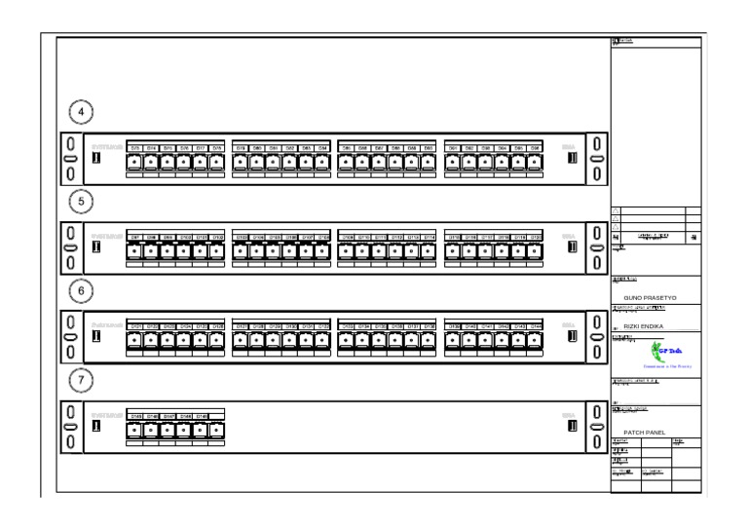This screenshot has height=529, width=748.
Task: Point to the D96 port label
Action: coord(535,146)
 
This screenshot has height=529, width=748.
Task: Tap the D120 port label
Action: coord(536,237)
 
